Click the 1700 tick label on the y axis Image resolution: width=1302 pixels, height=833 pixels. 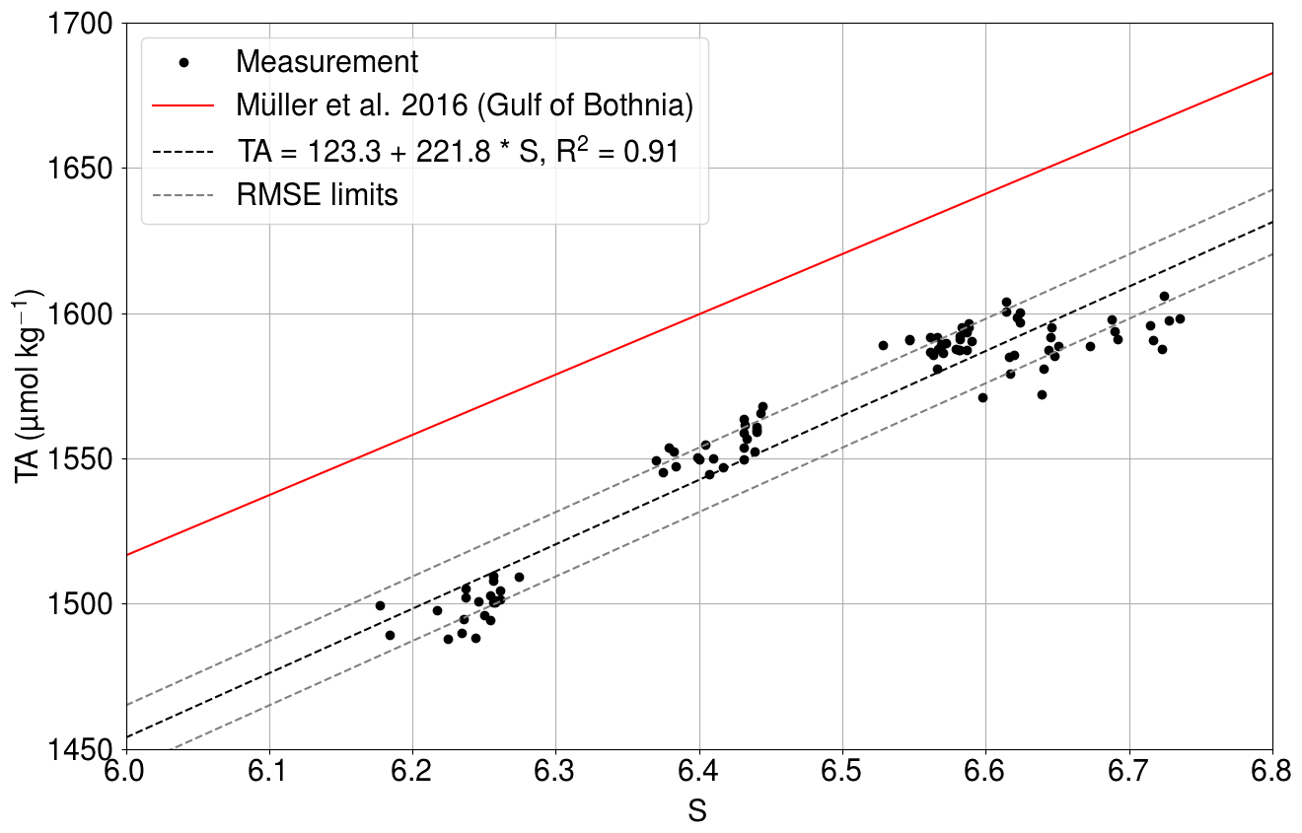(81, 23)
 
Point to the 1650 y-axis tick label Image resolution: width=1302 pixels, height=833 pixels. (81, 169)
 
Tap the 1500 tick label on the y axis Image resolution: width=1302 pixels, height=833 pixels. (81, 604)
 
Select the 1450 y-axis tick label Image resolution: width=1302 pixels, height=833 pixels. (81, 749)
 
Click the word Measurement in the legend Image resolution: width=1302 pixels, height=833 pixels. (327, 62)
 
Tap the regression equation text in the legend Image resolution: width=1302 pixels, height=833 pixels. (457, 151)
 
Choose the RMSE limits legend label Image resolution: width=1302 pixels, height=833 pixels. (317, 195)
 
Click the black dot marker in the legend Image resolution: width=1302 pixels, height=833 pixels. (183, 62)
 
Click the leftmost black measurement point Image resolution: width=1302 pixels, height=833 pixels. (380, 605)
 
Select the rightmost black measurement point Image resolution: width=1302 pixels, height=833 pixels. (1180, 318)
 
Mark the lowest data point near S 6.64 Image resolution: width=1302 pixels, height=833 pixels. (1042, 394)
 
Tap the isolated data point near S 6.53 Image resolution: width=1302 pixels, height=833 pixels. (883, 345)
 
